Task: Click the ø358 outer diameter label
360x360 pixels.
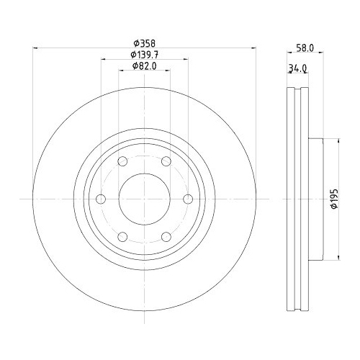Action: point(144,42)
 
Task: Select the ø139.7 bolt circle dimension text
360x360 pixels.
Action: point(145,55)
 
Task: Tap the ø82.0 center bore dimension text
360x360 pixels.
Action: point(145,67)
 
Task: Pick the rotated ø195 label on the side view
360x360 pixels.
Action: point(333,199)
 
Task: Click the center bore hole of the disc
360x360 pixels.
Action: point(144,198)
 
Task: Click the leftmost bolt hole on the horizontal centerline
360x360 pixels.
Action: point(101,198)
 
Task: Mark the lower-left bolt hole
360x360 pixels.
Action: point(122,235)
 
